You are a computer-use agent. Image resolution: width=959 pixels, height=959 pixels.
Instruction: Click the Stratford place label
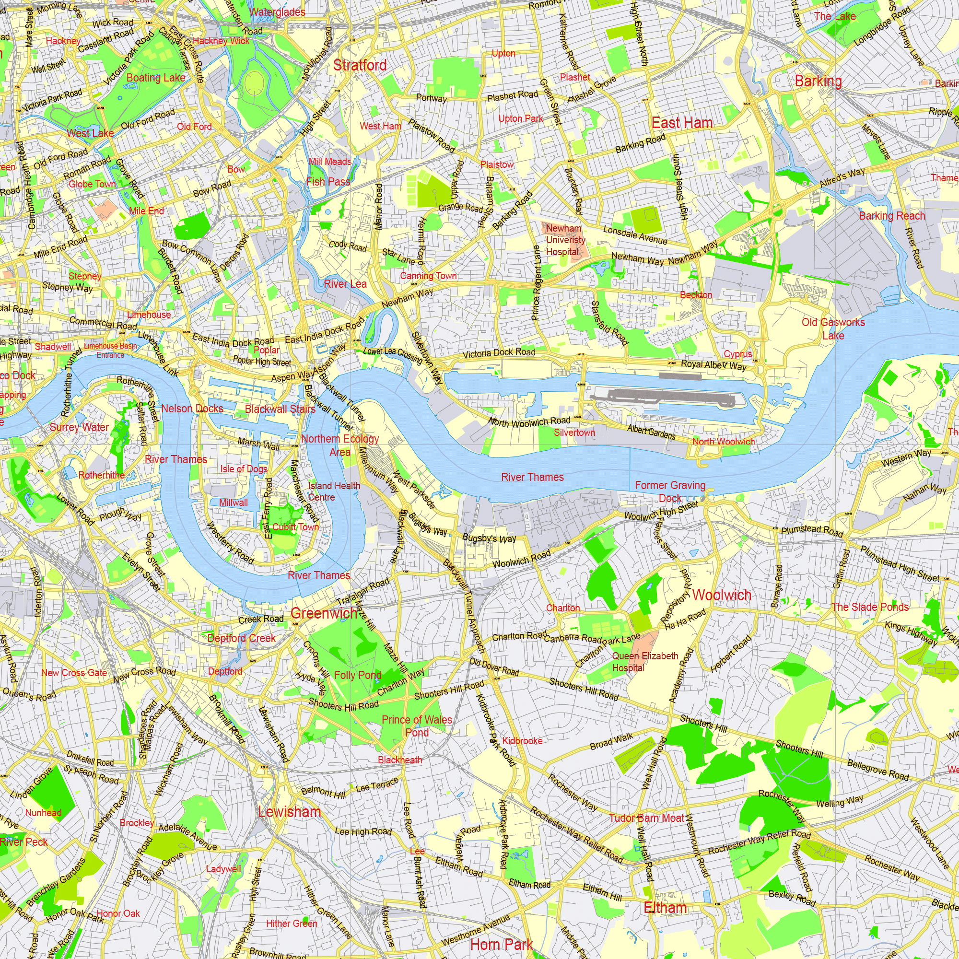(360, 65)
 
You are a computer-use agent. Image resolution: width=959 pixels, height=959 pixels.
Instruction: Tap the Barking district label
(818, 81)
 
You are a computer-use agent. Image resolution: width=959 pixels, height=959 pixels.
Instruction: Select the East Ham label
(682, 123)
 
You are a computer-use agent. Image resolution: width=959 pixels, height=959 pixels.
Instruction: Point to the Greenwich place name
(324, 614)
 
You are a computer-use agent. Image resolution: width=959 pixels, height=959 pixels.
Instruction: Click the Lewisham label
(290, 812)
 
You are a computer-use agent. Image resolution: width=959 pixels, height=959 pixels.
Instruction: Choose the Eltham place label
(665, 908)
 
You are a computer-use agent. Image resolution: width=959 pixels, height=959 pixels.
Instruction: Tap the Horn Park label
(502, 945)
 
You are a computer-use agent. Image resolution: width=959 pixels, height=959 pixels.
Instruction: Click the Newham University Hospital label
(565, 240)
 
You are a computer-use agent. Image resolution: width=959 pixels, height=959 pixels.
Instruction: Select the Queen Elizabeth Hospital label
(645, 662)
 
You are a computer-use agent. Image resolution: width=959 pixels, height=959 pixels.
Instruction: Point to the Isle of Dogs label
(244, 469)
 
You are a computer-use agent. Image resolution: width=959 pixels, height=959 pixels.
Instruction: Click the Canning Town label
(428, 276)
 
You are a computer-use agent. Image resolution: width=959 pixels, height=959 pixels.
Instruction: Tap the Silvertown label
(574, 433)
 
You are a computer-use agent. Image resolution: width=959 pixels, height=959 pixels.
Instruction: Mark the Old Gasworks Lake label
(833, 328)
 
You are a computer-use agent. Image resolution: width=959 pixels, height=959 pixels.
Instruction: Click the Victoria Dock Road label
(499, 353)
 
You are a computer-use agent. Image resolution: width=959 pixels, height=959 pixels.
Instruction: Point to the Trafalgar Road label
(363, 591)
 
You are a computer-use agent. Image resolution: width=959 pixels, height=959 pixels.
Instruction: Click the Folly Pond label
(358, 675)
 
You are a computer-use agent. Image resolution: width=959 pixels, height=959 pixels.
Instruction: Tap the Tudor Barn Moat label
(647, 818)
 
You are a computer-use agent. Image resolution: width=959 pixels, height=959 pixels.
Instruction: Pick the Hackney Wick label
(221, 41)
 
